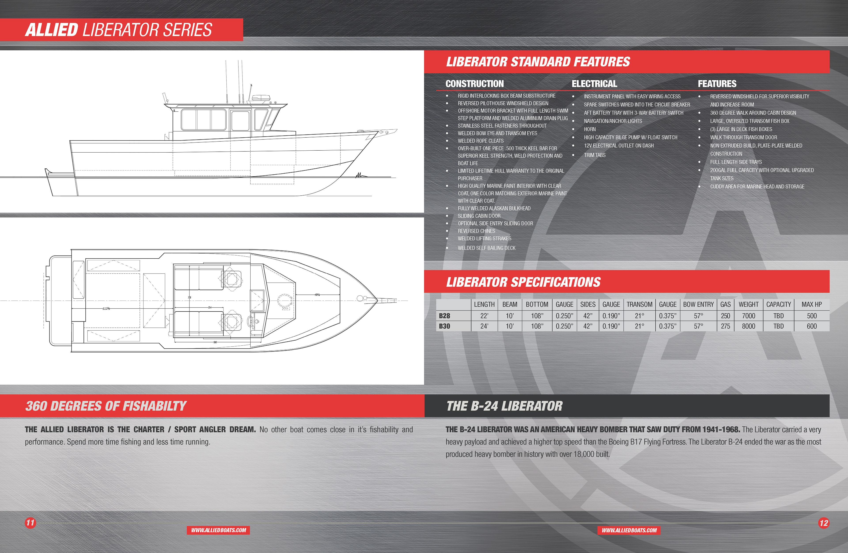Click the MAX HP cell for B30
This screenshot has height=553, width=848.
click(811, 326)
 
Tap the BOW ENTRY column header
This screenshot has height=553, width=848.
click(698, 304)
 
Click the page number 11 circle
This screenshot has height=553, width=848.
click(30, 523)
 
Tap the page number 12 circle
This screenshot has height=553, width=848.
click(823, 523)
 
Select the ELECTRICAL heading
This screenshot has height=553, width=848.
click(594, 84)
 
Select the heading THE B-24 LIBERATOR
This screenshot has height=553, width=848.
click(504, 406)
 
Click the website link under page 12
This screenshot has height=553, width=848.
click(629, 530)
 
